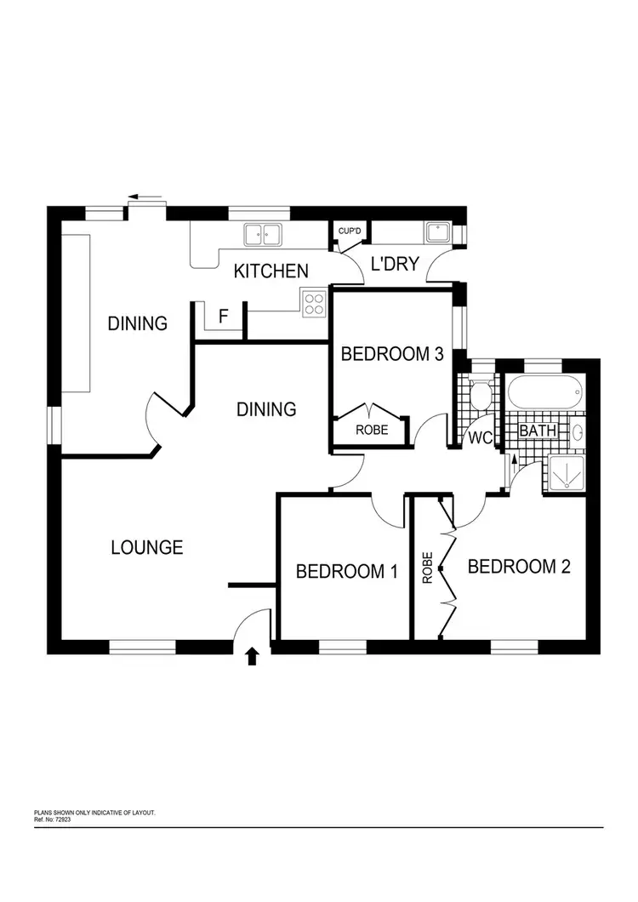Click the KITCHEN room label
(271, 271)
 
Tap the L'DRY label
(395, 264)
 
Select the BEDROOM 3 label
(392, 354)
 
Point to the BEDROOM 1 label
(346, 571)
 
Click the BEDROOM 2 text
(518, 566)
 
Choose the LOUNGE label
(147, 547)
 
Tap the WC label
(480, 438)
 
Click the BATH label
(538, 431)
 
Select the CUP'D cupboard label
(350, 231)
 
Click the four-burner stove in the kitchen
(313, 303)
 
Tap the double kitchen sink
(262, 232)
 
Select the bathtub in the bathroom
(545, 395)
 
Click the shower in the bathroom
(561, 471)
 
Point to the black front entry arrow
(252, 655)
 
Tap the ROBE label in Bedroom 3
(372, 431)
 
